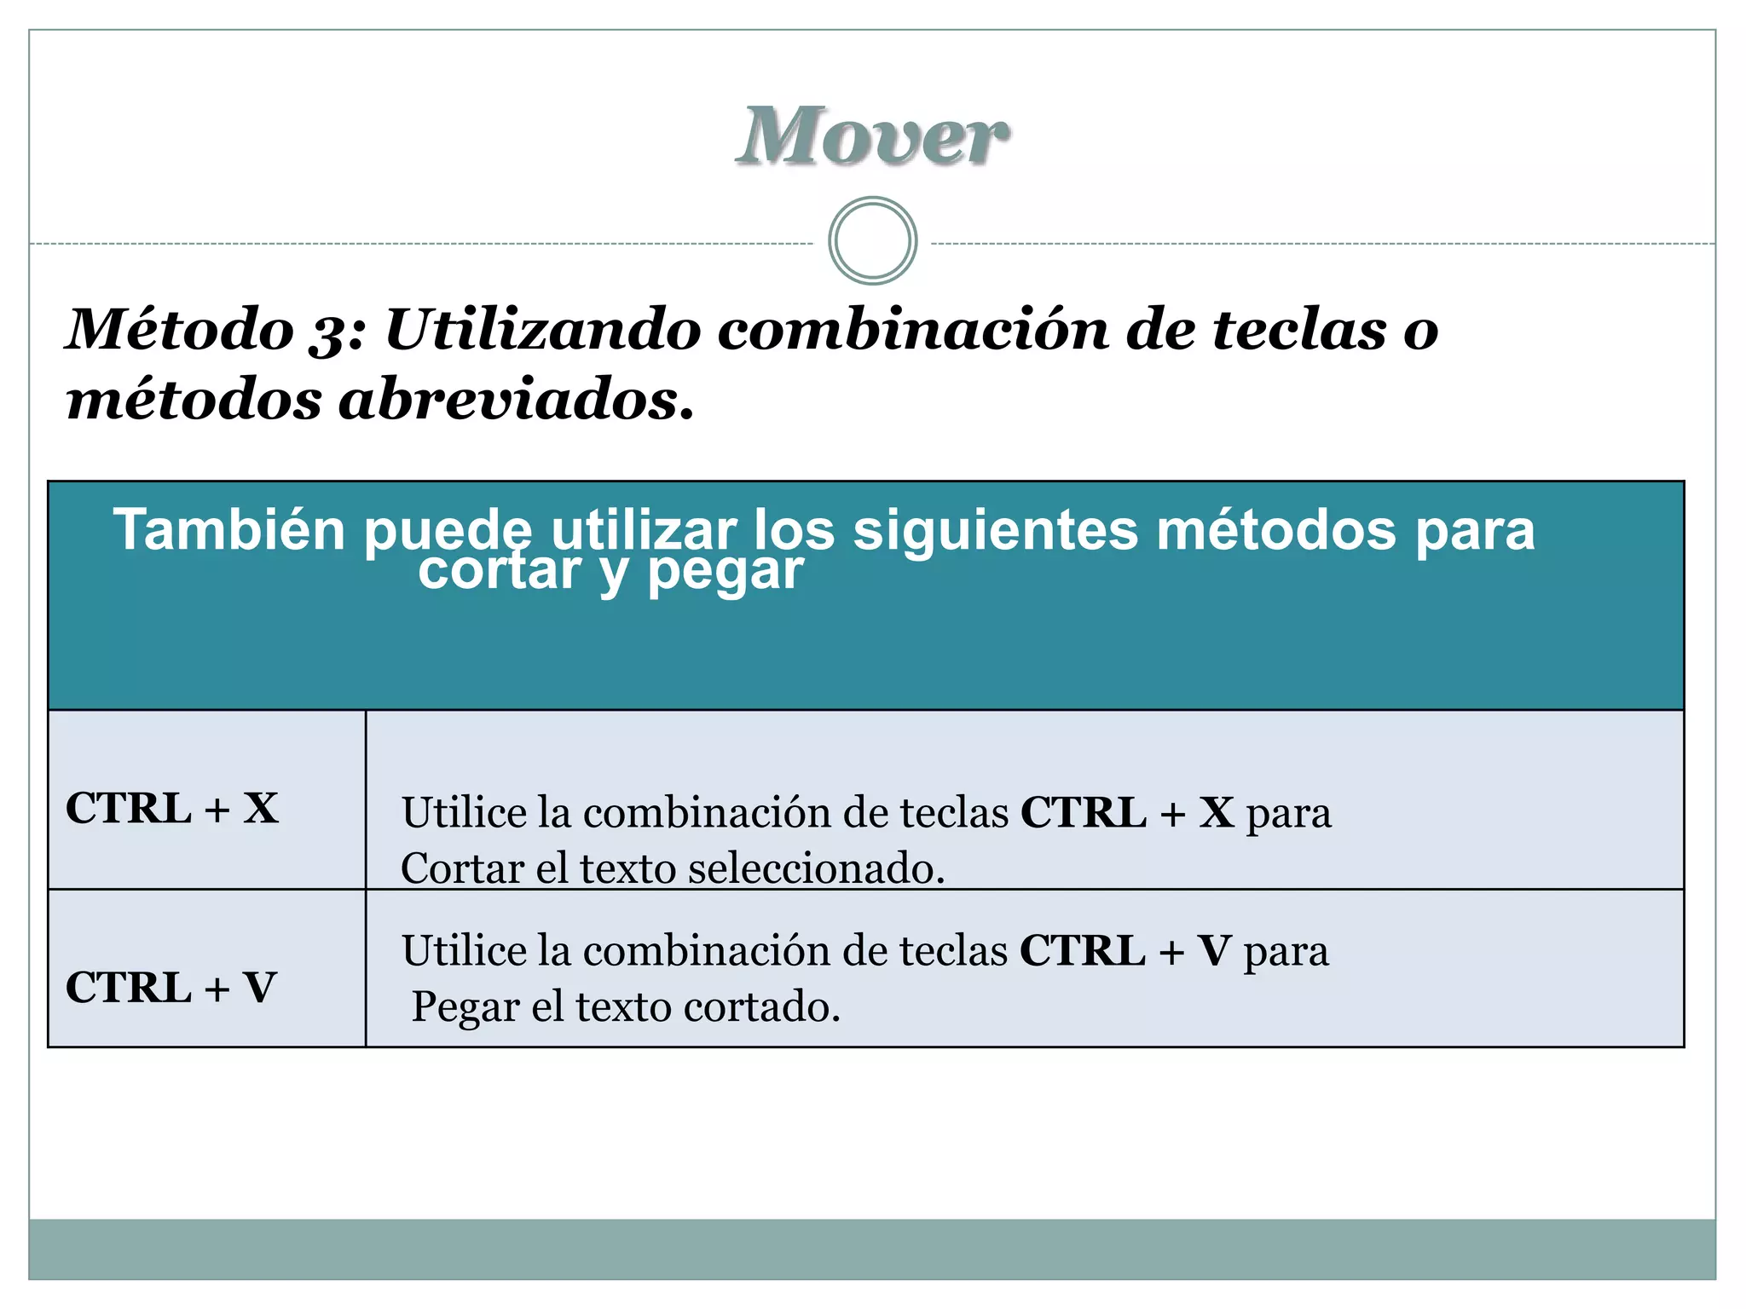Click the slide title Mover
[x=872, y=136]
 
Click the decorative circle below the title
[x=872, y=241]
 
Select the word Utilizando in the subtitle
[x=543, y=329]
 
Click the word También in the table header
[x=228, y=530]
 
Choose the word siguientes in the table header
[x=995, y=530]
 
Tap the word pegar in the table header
[x=725, y=571]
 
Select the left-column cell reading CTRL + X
[x=172, y=808]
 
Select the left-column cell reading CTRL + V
[x=171, y=988]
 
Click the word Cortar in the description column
[x=462, y=868]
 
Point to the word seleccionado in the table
[x=816, y=868]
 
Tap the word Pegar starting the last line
[x=465, y=1007]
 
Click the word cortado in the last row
[x=761, y=1007]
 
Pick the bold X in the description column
[x=1217, y=812]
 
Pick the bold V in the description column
[x=1214, y=951]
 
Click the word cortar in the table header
[x=500, y=571]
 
